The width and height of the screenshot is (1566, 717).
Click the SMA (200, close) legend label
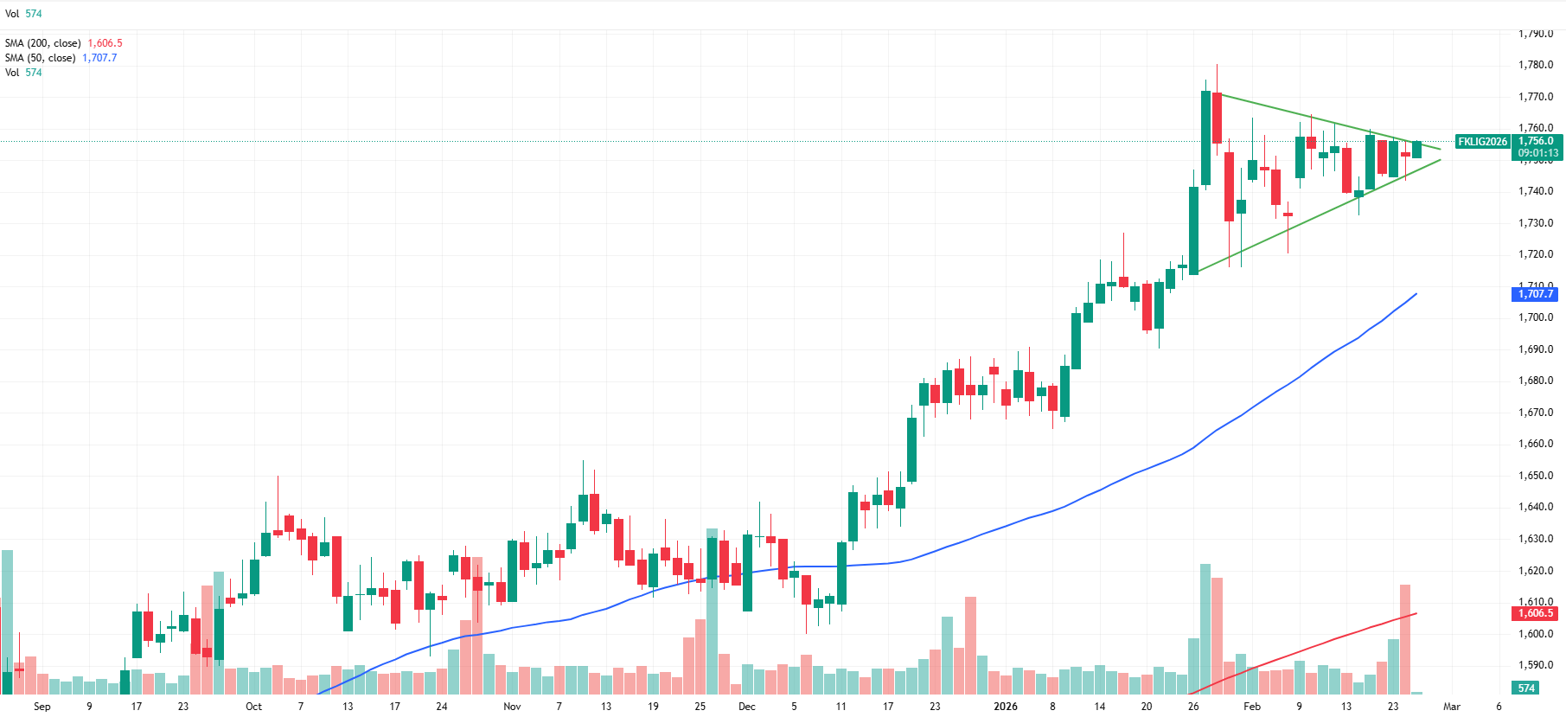point(43,43)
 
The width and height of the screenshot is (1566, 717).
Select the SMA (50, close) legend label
point(41,58)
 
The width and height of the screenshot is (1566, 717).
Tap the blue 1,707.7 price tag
point(1536,294)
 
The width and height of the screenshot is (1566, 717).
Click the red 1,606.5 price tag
point(1536,613)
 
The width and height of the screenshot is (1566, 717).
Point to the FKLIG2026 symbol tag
point(1482,141)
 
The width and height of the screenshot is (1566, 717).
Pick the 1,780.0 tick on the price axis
point(1536,65)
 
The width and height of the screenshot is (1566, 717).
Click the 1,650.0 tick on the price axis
point(1536,476)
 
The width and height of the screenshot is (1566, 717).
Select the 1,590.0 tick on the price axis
point(1536,665)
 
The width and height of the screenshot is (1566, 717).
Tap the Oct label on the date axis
point(253,707)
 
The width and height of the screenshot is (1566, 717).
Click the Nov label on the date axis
point(512,707)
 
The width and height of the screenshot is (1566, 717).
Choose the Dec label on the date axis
point(747,707)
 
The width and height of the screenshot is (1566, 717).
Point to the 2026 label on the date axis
point(1006,707)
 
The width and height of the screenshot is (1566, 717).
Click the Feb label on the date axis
point(1252,707)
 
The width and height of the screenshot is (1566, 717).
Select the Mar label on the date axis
point(1452,707)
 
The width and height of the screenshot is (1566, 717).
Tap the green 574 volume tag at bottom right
point(1526,688)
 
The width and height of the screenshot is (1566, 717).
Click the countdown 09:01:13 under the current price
point(1538,153)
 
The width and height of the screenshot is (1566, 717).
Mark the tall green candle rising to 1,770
point(1205,138)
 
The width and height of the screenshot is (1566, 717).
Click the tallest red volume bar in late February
point(1405,639)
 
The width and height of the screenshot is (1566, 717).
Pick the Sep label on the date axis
point(42,707)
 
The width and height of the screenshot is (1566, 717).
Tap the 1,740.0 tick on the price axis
point(1536,191)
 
